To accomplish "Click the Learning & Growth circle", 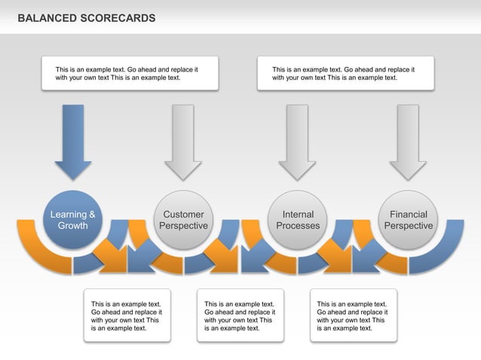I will tap(72, 219).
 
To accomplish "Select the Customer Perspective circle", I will tap(183, 219).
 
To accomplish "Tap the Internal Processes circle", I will tap(298, 219).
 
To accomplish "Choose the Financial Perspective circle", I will tap(408, 219).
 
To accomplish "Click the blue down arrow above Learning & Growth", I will tap(73, 139).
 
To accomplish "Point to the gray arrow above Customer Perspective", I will tap(183, 139).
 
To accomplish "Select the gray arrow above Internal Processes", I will tap(298, 139).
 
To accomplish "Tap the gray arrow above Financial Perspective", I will tap(408, 139).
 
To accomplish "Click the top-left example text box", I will tap(130, 73).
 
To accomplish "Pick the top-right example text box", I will tap(345, 73).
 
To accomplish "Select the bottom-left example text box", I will tap(127, 316).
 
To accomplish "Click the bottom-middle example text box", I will tap(240, 316).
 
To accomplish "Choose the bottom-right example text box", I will tap(353, 316).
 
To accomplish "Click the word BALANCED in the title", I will tap(46, 17).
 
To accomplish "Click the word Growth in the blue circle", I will tap(73, 226).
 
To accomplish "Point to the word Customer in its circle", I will tap(183, 215).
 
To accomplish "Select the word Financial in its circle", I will tap(408, 215).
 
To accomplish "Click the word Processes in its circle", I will tap(298, 226).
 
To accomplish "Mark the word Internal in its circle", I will tap(298, 215).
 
